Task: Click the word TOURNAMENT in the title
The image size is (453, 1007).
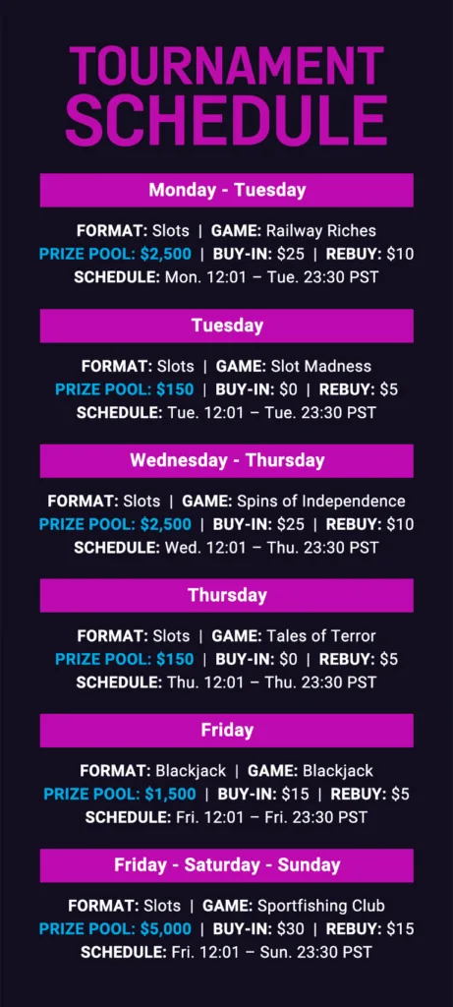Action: (226, 66)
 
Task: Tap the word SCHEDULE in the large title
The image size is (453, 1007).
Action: (226, 120)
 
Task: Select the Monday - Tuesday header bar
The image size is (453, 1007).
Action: (226, 191)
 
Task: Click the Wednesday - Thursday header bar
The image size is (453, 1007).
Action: (226, 460)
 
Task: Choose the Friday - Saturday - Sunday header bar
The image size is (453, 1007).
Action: (226, 865)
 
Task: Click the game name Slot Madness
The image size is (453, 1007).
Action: (320, 366)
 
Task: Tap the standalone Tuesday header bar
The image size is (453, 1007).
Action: (226, 326)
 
